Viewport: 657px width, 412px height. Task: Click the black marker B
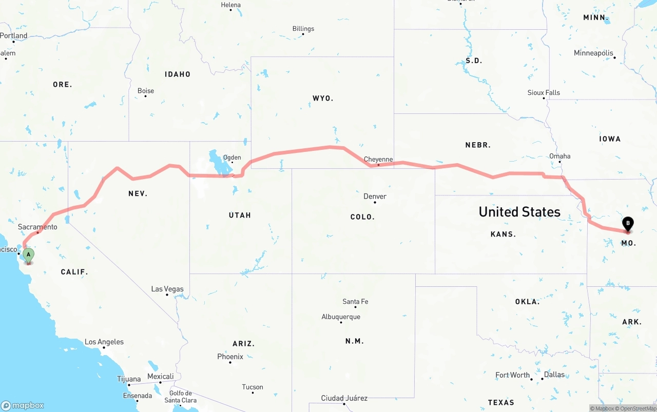tap(627, 224)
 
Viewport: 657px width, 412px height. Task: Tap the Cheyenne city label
tap(378, 160)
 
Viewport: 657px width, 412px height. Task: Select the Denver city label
tap(375, 197)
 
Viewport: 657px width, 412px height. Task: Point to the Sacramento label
tap(37, 227)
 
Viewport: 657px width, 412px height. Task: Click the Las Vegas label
tap(167, 289)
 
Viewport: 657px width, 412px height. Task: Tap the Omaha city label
tap(559, 156)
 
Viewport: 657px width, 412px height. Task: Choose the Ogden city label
tap(231, 158)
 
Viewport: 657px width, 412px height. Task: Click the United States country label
tap(519, 212)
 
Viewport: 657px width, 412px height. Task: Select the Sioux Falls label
tap(544, 93)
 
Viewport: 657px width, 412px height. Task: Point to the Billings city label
tap(303, 29)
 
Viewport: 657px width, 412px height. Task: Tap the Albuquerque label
tap(341, 317)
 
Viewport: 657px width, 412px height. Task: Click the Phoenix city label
tap(230, 357)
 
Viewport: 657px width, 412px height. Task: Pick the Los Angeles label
tap(104, 342)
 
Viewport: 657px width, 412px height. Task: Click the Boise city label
tap(146, 91)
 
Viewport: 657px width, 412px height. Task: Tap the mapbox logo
tap(23, 405)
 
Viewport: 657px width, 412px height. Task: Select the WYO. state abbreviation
tap(323, 98)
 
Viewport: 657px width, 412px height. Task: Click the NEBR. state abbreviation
tap(478, 145)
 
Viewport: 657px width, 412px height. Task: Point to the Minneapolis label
tap(593, 53)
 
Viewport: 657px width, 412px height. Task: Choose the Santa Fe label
tap(355, 302)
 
